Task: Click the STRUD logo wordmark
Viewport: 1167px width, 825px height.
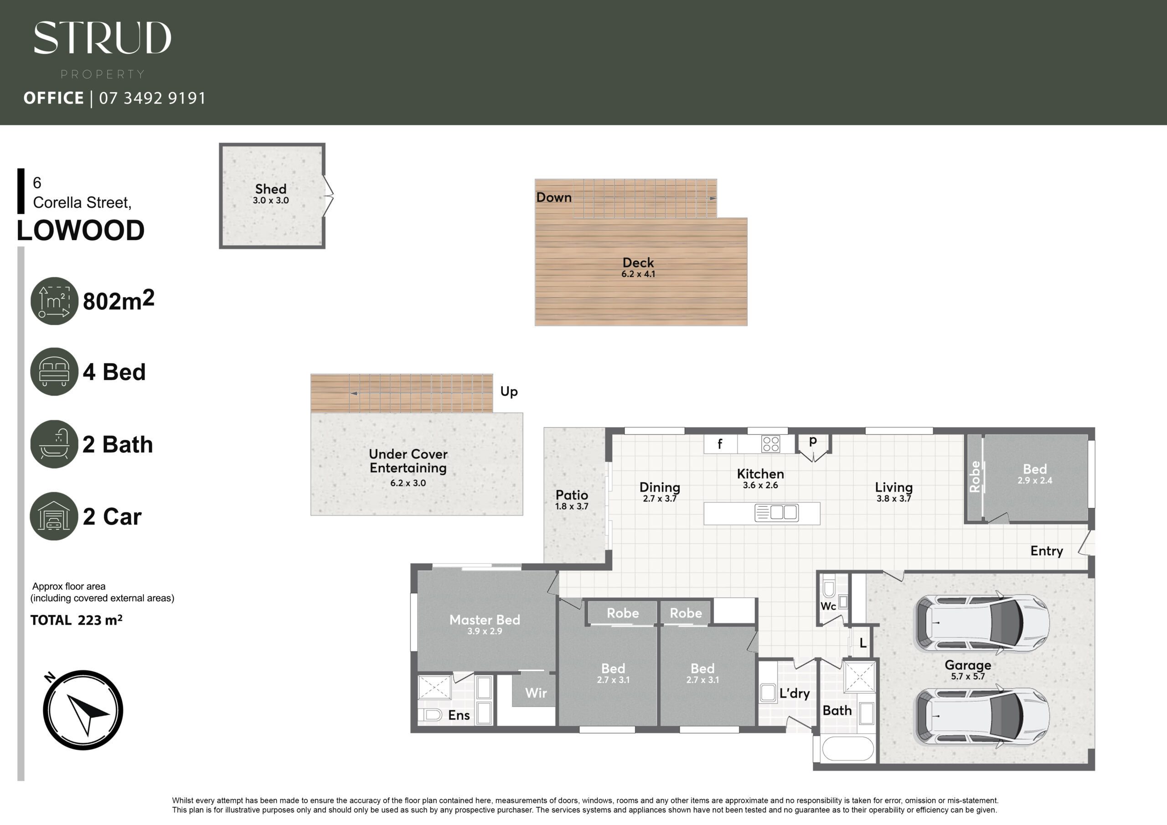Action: (x=102, y=38)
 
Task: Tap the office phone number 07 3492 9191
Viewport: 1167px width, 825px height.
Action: (x=152, y=98)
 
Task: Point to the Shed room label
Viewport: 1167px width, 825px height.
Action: (x=271, y=189)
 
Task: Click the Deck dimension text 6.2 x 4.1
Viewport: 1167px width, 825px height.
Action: (x=638, y=274)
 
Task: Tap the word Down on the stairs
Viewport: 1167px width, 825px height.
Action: (x=554, y=197)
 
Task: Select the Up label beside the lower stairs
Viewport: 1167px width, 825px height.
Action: (x=509, y=392)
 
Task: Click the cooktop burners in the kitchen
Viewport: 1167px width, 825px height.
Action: (x=770, y=444)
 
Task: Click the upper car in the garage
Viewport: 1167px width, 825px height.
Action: (x=982, y=623)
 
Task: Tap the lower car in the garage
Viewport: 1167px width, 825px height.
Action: (x=982, y=716)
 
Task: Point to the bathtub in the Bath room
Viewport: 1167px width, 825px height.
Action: (x=848, y=748)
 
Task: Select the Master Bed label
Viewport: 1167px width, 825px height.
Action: (x=485, y=619)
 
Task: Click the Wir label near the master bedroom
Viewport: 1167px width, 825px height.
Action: (x=536, y=693)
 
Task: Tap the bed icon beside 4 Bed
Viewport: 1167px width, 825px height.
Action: (x=54, y=371)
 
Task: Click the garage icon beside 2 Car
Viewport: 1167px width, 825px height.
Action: (x=54, y=516)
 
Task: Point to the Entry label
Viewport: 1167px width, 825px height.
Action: (x=1047, y=552)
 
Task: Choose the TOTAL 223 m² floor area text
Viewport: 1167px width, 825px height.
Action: (x=76, y=620)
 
